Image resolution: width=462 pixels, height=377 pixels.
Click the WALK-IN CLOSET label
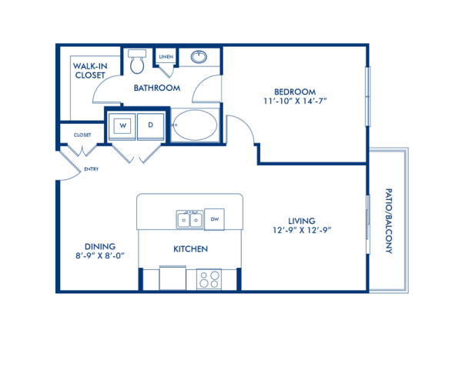tap(90, 72)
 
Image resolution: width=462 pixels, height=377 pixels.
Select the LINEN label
tap(165, 58)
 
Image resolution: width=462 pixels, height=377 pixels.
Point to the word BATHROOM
tap(157, 88)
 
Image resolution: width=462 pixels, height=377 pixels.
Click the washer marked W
tap(122, 125)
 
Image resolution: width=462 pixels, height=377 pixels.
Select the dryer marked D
tap(151, 125)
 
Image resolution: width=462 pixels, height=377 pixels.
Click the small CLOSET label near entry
tap(82, 135)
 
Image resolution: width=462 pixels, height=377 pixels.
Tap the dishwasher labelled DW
tap(216, 219)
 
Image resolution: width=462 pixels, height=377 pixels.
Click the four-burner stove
tap(208, 278)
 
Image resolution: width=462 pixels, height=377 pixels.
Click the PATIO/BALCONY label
tap(389, 222)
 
